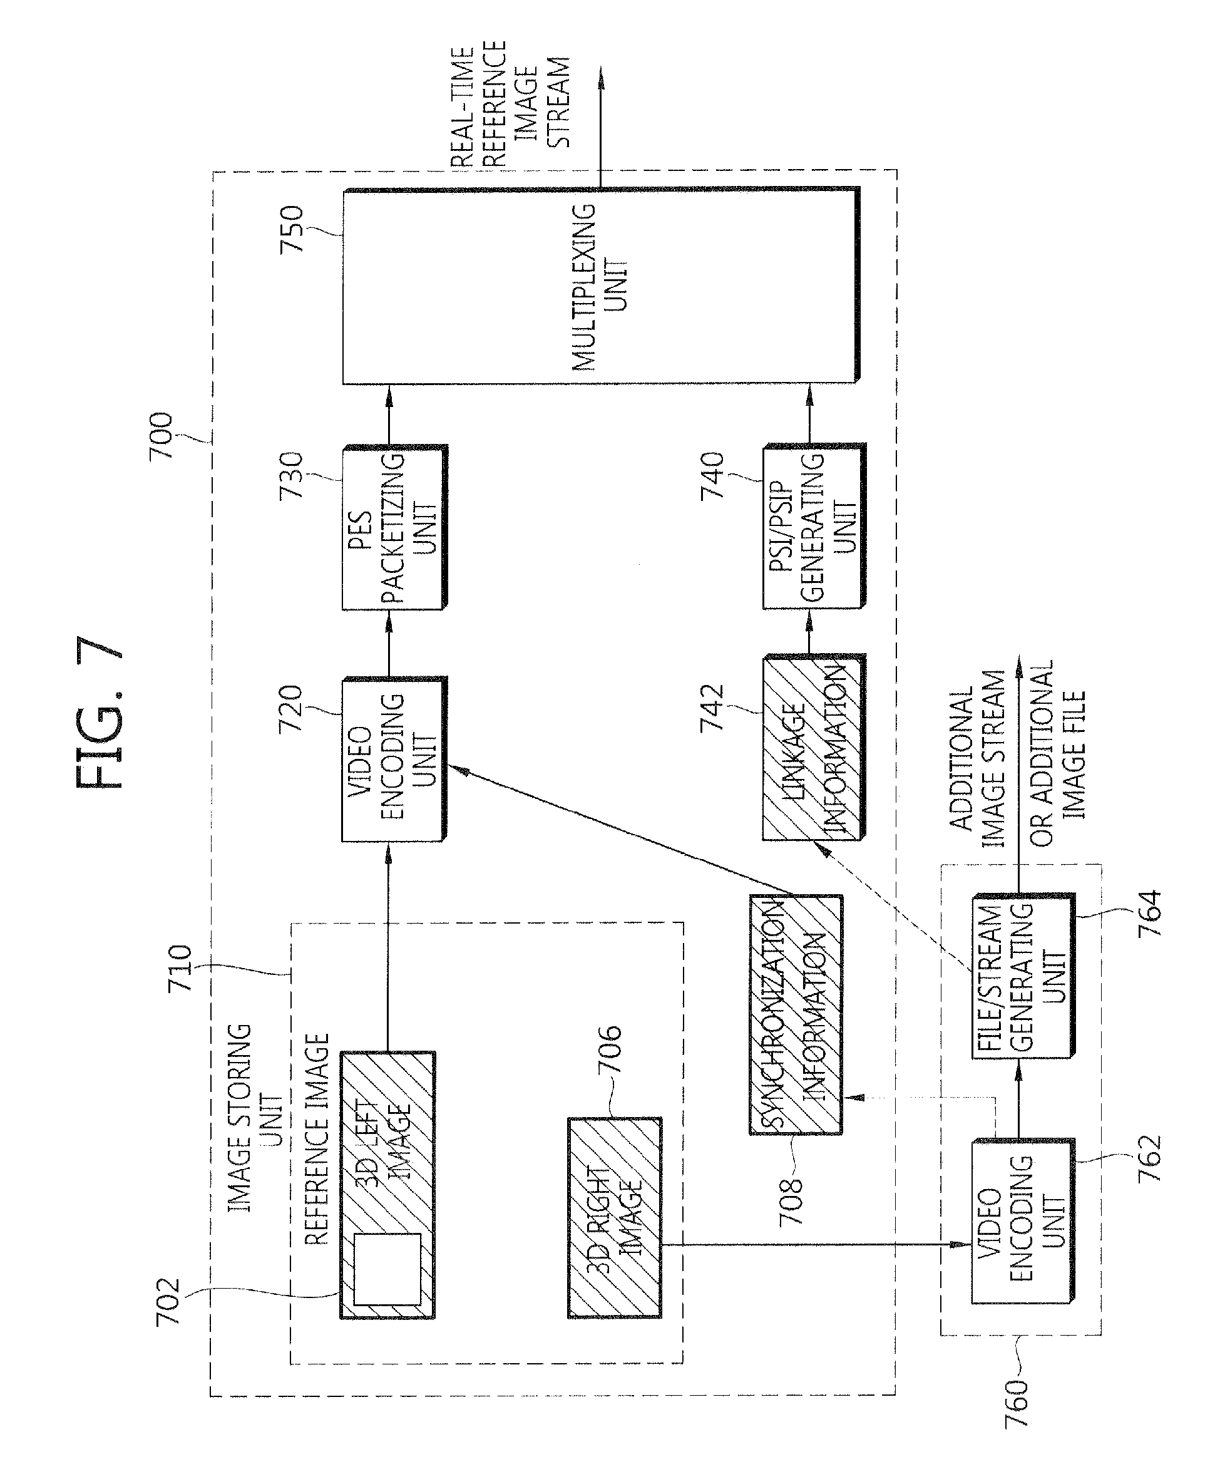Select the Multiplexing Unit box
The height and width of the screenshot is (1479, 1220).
(x=601, y=286)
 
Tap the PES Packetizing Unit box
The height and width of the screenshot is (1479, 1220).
(x=394, y=527)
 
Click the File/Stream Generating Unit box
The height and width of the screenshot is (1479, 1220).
(x=1023, y=976)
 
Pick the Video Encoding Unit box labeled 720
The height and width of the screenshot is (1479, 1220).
(x=394, y=759)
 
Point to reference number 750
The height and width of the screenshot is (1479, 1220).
(x=291, y=229)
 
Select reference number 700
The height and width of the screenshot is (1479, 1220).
(x=161, y=436)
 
